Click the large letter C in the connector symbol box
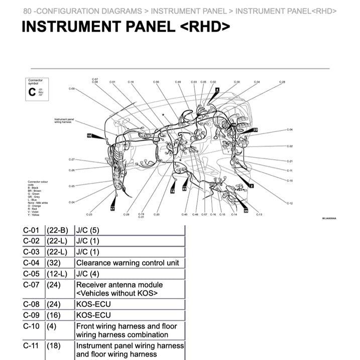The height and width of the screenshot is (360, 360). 32,91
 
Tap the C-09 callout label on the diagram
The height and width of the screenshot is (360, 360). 71,88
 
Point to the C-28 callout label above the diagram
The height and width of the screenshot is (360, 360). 282,81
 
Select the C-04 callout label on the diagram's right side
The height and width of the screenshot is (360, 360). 290,130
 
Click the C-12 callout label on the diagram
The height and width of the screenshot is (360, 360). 290,203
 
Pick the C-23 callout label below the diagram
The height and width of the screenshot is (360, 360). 89,214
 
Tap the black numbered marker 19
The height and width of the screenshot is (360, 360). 89,136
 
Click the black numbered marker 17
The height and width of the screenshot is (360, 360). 112,208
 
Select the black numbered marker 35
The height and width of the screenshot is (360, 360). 246,211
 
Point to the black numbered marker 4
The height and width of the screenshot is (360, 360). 217,89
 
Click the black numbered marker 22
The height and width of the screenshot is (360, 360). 255,130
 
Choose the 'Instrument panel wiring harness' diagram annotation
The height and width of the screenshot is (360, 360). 64,121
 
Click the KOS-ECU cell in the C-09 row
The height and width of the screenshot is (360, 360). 93,315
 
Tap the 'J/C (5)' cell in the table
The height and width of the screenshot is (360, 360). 88,230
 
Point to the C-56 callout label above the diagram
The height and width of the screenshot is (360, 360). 156,81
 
